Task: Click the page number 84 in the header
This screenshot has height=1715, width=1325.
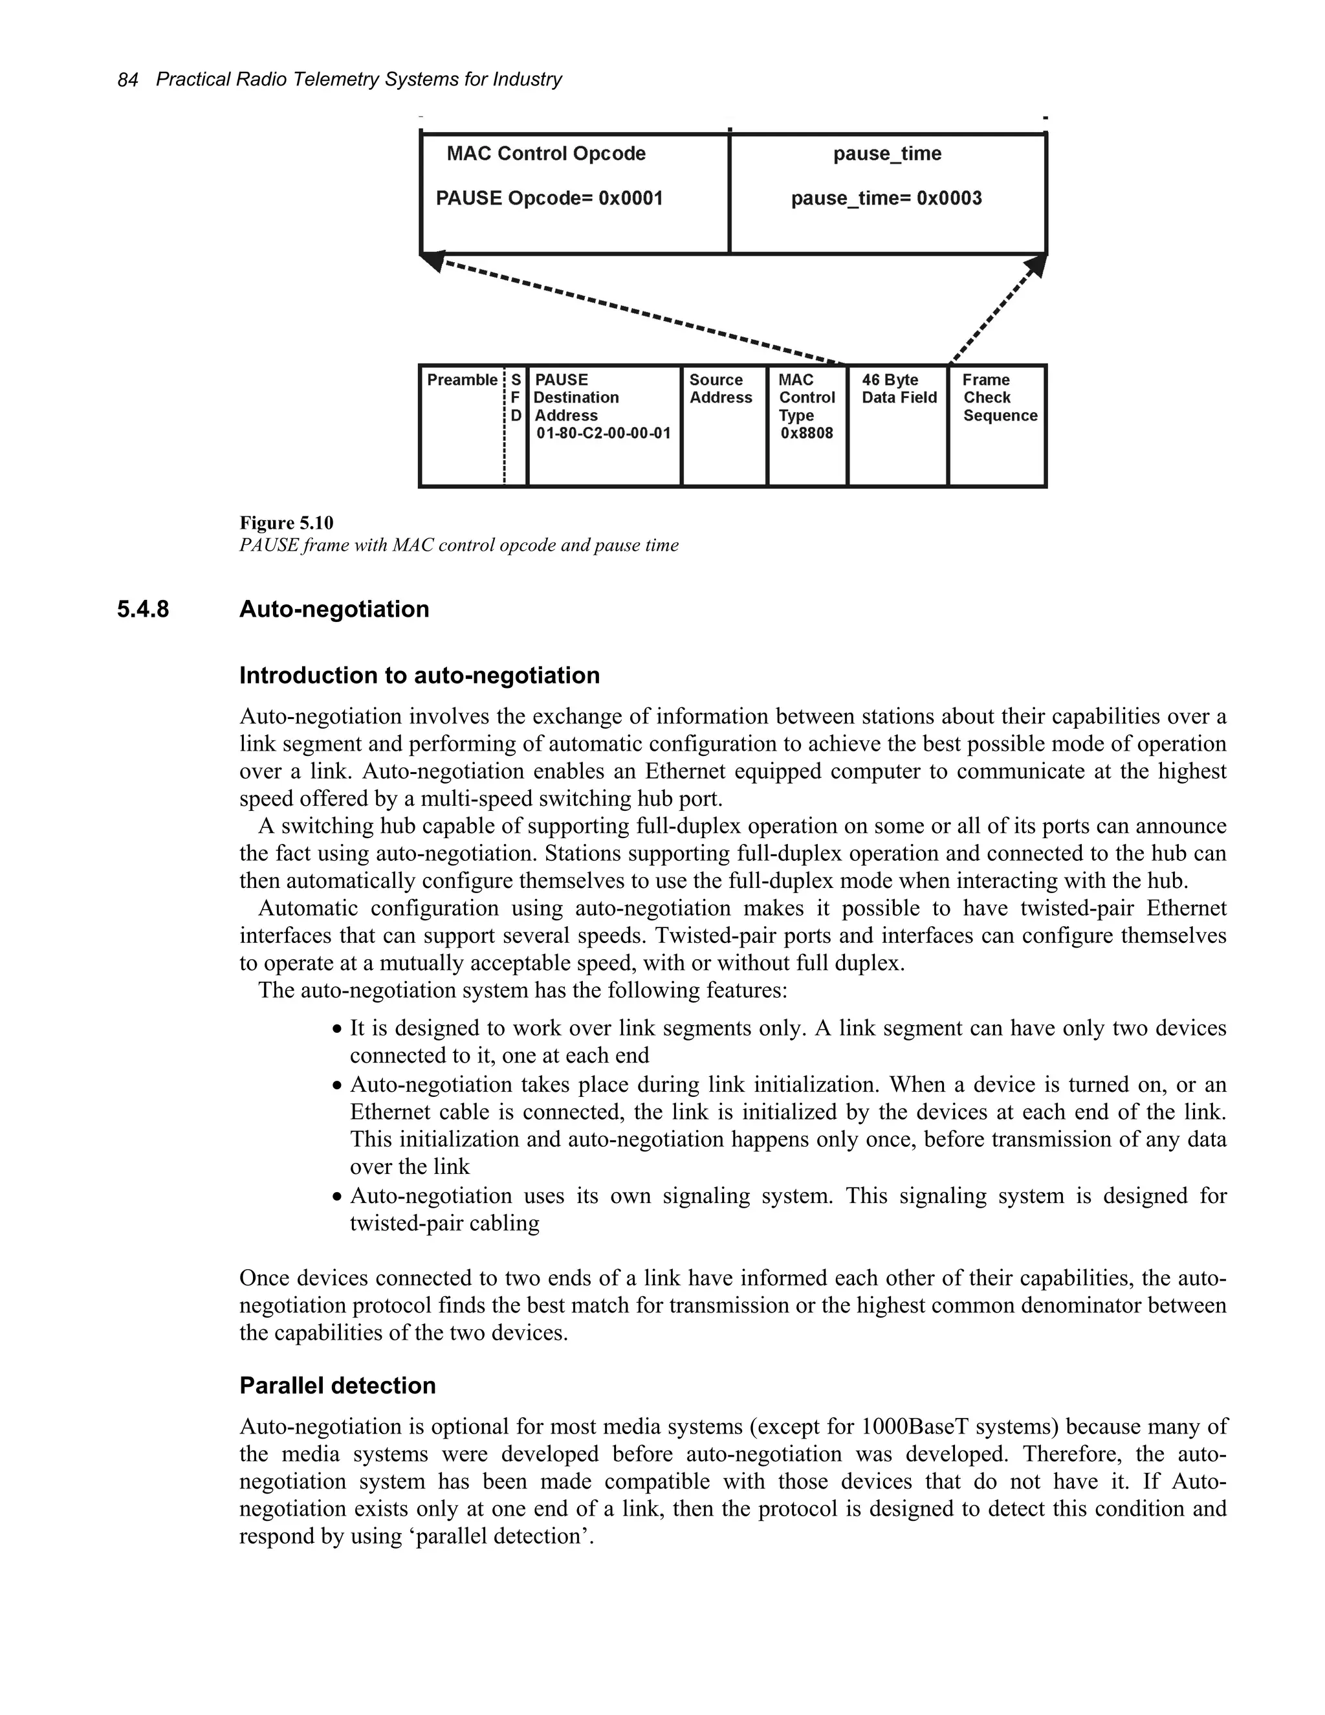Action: click(x=127, y=80)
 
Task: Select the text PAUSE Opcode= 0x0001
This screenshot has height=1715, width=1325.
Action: click(x=549, y=198)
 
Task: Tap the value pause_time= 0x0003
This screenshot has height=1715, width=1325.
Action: click(x=886, y=198)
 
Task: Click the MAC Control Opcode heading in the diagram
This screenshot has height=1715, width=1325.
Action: click(x=545, y=153)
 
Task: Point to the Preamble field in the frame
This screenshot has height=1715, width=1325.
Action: click(x=461, y=380)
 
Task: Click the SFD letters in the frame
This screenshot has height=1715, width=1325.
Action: click(x=516, y=397)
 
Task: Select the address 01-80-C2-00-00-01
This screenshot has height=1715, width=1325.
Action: click(x=603, y=434)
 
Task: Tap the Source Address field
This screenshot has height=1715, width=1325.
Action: click(x=720, y=389)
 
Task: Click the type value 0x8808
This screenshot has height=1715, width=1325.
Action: click(x=806, y=434)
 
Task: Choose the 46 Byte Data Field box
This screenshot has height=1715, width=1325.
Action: click(x=898, y=390)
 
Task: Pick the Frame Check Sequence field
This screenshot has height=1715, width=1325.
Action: click(x=998, y=397)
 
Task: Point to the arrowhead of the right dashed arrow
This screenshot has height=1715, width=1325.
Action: click(x=1036, y=265)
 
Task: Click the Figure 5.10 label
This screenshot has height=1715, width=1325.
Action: click(x=286, y=523)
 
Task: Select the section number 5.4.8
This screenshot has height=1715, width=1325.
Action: click(x=143, y=610)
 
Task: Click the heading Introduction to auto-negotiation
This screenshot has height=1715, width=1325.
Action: click(x=419, y=675)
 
